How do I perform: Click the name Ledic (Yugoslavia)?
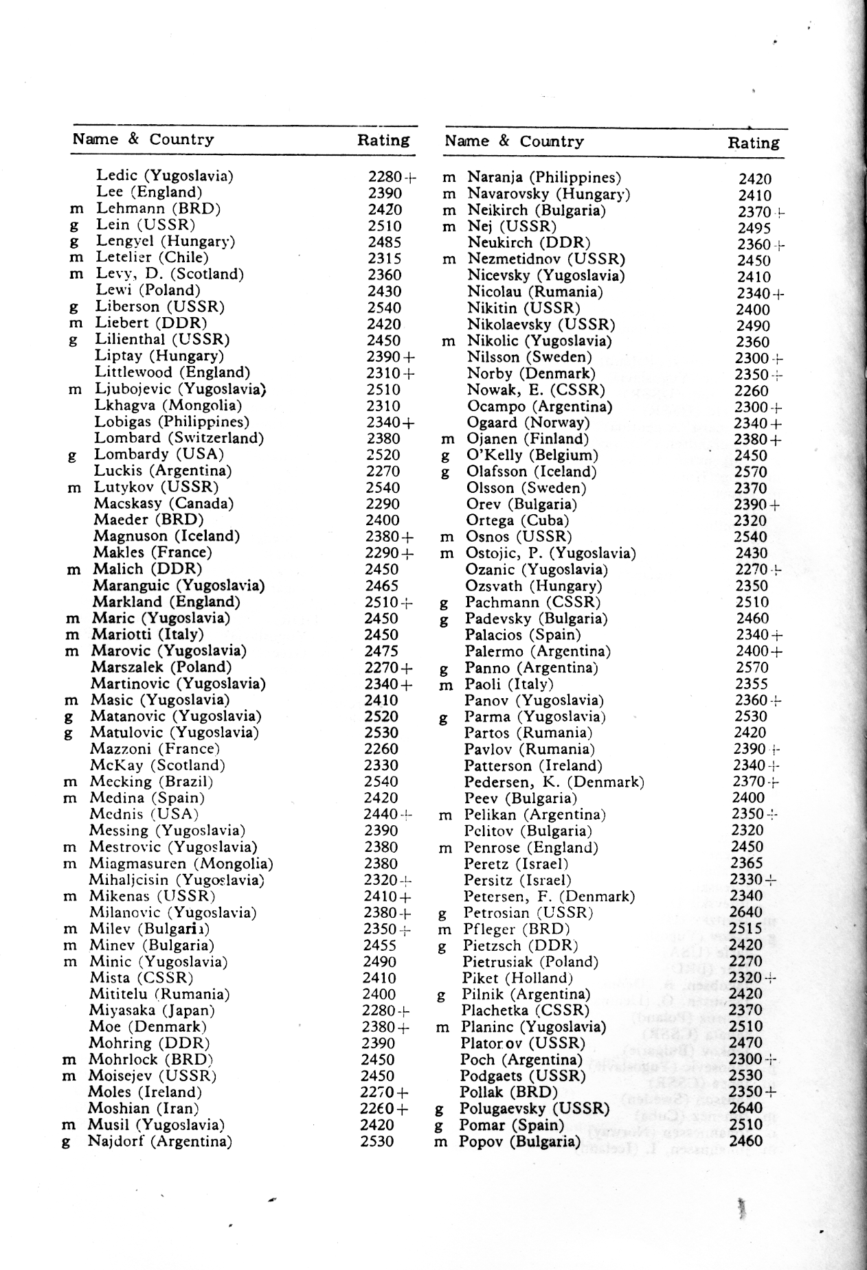[x=164, y=176]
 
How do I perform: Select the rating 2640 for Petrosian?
[x=747, y=912]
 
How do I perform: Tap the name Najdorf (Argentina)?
[x=159, y=1142]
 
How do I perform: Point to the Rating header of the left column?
[x=383, y=140]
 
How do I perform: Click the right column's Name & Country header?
[x=514, y=141]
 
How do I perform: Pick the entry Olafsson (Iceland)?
[x=531, y=472]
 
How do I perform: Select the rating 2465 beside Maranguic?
[x=382, y=586]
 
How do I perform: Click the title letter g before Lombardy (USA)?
[x=72, y=455]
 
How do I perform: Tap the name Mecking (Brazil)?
[x=151, y=782]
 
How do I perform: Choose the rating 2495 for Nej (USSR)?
[x=754, y=228]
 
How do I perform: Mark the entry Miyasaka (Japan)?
[x=152, y=1011]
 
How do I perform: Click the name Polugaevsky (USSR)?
[x=534, y=1109]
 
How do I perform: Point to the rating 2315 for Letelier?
[x=385, y=258]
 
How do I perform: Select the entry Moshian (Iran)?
[x=143, y=1109]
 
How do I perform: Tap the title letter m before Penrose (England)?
[x=445, y=848]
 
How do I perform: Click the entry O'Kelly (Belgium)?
[x=532, y=455]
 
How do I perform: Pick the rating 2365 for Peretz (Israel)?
[x=747, y=864]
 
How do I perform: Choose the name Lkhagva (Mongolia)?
[x=168, y=405]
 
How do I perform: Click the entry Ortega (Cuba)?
[x=517, y=520]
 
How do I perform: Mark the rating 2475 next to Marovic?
[x=381, y=651]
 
